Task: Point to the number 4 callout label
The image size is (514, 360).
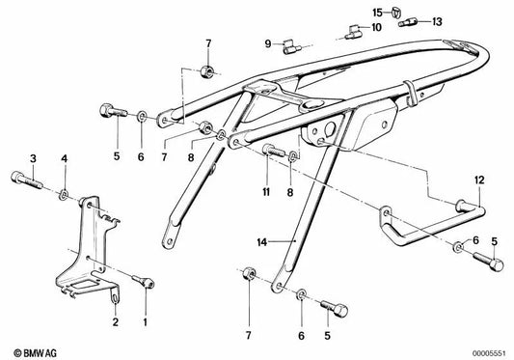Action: tap(65, 157)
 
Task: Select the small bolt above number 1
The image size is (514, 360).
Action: tap(145, 282)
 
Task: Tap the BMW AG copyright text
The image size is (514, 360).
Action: tap(33, 346)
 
